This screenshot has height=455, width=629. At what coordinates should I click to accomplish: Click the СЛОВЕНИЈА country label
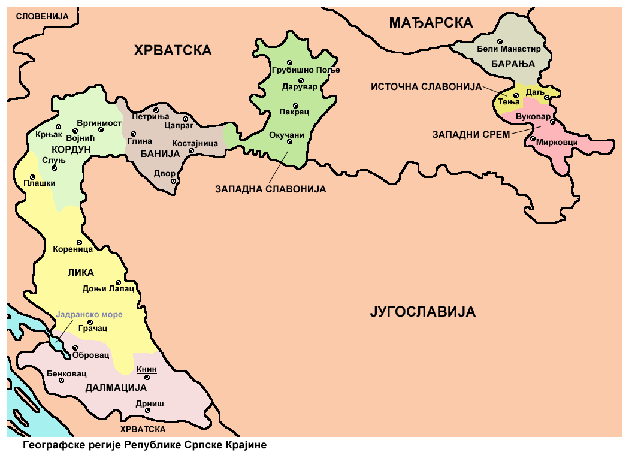pyautogui.click(x=42, y=16)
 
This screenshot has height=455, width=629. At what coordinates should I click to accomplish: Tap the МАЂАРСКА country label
pyautogui.click(x=431, y=23)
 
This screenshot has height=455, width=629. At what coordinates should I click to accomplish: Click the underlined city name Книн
pyautogui.click(x=147, y=370)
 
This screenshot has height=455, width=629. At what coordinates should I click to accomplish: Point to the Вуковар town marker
pyautogui.click(x=552, y=122)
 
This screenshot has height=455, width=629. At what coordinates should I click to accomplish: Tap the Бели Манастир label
pyautogui.click(x=509, y=49)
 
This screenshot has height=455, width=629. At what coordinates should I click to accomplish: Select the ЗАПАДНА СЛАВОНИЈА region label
pyautogui.click(x=270, y=189)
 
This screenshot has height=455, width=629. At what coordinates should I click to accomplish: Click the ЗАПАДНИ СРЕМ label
pyautogui.click(x=471, y=135)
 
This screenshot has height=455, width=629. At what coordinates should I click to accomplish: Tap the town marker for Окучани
pyautogui.click(x=289, y=142)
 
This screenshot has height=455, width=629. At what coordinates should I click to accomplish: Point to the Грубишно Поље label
pyautogui.click(x=306, y=70)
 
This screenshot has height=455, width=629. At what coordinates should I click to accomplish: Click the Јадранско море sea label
pyautogui.click(x=89, y=315)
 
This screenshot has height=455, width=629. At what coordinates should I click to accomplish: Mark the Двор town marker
pyautogui.click(x=173, y=181)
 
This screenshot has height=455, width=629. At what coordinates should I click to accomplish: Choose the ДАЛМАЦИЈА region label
pyautogui.click(x=112, y=387)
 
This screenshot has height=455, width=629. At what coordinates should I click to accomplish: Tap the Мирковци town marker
pyautogui.click(x=533, y=140)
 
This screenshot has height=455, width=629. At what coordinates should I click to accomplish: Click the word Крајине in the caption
pyautogui.click(x=245, y=445)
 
